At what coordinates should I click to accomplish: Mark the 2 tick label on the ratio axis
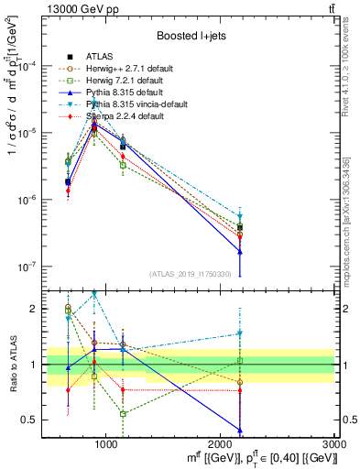click(34, 309)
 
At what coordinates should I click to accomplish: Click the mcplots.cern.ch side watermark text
click(352, 211)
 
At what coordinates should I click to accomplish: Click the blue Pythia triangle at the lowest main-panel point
click(240, 251)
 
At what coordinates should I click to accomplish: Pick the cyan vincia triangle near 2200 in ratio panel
click(240, 333)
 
